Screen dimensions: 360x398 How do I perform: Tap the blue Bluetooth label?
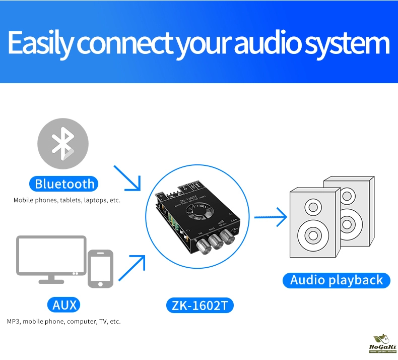click(x=64, y=183)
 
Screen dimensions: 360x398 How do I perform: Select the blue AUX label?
click(x=64, y=305)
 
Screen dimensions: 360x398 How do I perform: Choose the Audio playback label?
click(x=337, y=280)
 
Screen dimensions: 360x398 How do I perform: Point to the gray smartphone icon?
click(x=101, y=268)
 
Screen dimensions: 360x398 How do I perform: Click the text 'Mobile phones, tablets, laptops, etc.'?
click(x=67, y=200)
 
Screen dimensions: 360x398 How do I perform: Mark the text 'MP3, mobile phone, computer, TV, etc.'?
click(x=64, y=321)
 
